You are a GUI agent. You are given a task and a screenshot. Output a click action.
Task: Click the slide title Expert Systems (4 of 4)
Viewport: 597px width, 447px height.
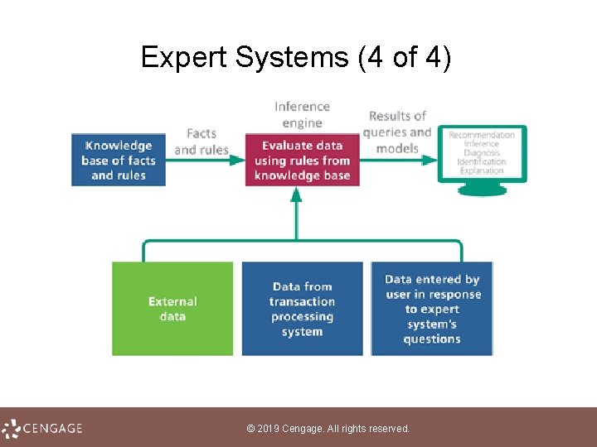tap(296, 57)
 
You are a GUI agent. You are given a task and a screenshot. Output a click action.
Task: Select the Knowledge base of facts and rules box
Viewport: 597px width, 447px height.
tap(119, 160)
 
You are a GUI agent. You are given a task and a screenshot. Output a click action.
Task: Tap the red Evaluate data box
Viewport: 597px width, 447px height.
tap(303, 160)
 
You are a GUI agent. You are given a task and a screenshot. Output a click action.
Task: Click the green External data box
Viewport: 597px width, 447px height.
tap(172, 309)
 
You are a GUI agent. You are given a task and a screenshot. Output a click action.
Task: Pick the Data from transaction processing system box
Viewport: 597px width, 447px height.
tap(302, 309)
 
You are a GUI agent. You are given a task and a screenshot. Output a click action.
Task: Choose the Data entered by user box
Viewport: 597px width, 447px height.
tap(432, 309)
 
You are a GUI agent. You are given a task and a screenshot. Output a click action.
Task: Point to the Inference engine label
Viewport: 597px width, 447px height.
tap(302, 114)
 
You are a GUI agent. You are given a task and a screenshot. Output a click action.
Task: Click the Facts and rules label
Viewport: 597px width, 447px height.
tap(201, 142)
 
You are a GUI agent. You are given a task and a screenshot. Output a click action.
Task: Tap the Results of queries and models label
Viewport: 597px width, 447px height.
tap(397, 132)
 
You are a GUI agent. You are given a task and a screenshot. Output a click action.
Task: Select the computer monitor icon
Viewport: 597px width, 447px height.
tap(482, 157)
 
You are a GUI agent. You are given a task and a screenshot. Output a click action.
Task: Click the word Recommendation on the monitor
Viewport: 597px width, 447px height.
tap(482, 135)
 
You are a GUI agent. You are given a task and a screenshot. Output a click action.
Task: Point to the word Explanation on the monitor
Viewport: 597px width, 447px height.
tap(482, 171)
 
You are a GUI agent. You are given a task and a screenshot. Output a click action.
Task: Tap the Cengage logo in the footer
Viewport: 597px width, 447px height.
tap(43, 428)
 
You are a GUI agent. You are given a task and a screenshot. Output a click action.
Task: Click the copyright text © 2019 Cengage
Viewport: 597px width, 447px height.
tap(328, 429)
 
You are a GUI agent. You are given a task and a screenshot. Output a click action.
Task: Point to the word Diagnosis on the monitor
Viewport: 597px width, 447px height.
tap(482, 153)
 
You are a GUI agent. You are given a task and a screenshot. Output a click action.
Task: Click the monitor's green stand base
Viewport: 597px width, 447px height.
tap(483, 190)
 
